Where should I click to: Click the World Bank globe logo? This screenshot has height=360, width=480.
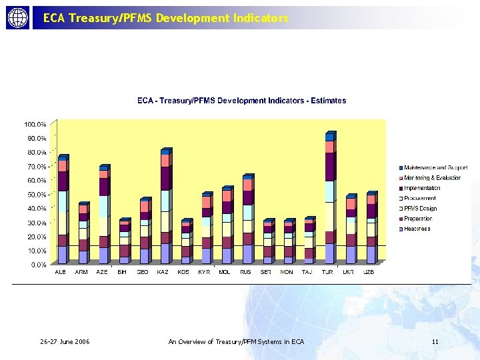tap(18, 18)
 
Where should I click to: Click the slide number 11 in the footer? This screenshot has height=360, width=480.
tap(435, 342)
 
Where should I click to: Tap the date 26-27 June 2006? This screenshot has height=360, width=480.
tap(65, 342)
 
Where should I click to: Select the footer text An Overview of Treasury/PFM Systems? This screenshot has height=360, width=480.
tap(237, 342)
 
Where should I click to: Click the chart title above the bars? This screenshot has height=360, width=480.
tap(241, 101)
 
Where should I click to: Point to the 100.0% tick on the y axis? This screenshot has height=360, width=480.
tap(35, 125)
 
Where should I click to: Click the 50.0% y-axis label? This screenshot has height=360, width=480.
tap(36, 195)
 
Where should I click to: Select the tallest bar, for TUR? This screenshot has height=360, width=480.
tap(329, 200)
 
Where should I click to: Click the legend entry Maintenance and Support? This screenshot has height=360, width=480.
tap(435, 168)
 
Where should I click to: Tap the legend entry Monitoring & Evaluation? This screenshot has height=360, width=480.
tap(432, 178)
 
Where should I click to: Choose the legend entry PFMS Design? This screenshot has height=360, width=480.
tap(420, 209)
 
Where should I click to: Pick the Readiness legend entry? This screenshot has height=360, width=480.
tap(417, 229)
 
